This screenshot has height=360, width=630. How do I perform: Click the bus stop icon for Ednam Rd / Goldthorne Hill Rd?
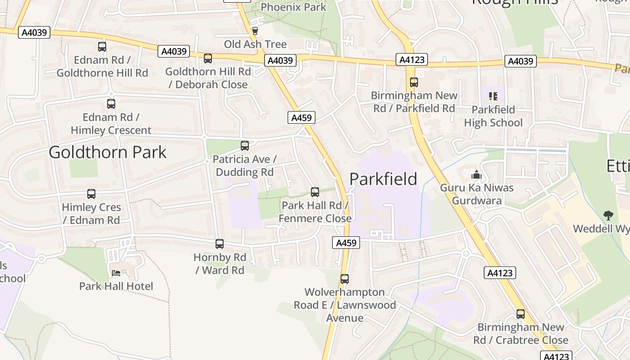pyautogui.click(x=102, y=46)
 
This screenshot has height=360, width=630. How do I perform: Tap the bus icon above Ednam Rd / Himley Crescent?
pyautogui.click(x=111, y=104)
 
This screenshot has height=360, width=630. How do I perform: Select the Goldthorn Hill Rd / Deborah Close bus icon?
pyautogui.click(x=208, y=58)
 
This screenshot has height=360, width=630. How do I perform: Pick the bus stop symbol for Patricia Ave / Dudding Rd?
pyautogui.click(x=245, y=146)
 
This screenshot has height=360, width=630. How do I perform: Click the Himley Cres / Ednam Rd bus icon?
pyautogui.click(x=91, y=194)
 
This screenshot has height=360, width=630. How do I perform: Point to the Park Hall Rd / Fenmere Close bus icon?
pyautogui.click(x=315, y=192)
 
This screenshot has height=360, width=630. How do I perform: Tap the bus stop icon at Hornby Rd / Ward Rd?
pyautogui.click(x=220, y=244)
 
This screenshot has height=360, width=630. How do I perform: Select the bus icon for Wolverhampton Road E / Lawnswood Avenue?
pyautogui.click(x=345, y=279)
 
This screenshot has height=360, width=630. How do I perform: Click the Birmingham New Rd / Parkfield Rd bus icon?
pyautogui.click(x=414, y=82)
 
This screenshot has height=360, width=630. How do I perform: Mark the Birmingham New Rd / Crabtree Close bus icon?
pyautogui.click(x=521, y=314)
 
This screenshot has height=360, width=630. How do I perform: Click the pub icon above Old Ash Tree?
pyautogui.click(x=255, y=31)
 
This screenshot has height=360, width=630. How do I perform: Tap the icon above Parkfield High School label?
pyautogui.click(x=493, y=96)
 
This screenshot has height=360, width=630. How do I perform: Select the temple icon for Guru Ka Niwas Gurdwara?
pyautogui.click(x=477, y=175)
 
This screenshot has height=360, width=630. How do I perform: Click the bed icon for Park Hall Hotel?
pyautogui.click(x=116, y=273)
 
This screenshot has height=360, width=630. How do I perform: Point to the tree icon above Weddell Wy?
pyautogui.click(x=608, y=215)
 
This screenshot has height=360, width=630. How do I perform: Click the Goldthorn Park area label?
pyautogui.click(x=108, y=152)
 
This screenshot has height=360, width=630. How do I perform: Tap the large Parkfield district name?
pyautogui.click(x=383, y=179)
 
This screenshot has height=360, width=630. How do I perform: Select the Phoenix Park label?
pyautogui.click(x=293, y=7)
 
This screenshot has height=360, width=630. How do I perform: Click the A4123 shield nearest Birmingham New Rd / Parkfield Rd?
pyautogui.click(x=412, y=59)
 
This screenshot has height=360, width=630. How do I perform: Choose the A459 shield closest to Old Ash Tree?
pyautogui.click(x=301, y=117)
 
